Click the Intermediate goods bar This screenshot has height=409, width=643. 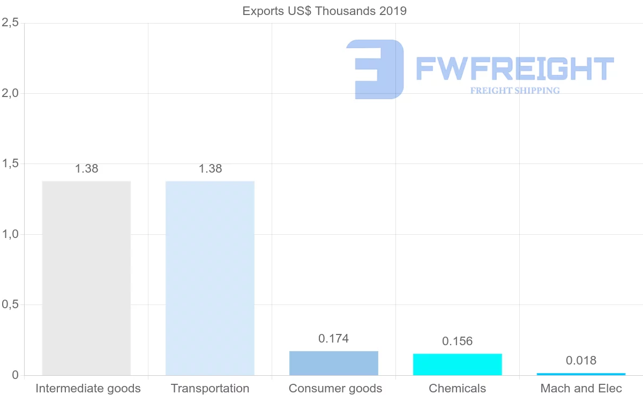pyautogui.click(x=86, y=278)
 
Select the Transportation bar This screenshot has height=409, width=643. pyautogui.click(x=210, y=278)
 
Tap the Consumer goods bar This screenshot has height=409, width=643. pyautogui.click(x=334, y=363)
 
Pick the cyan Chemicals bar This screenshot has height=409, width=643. pyautogui.click(x=458, y=365)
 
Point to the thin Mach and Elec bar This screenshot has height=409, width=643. pyautogui.click(x=581, y=374)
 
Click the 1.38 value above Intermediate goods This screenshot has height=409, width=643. pyautogui.click(x=86, y=168)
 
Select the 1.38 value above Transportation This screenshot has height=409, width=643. pyautogui.click(x=210, y=168)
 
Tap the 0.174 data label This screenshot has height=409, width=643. pyautogui.click(x=334, y=338)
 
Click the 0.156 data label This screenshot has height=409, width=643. pyautogui.click(x=458, y=341)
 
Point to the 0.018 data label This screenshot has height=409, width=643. pyautogui.click(x=581, y=360)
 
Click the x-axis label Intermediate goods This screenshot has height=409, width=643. pyautogui.click(x=88, y=388)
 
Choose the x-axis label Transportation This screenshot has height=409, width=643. pyautogui.click(x=210, y=388)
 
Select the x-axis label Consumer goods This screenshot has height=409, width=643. pyautogui.click(x=335, y=388)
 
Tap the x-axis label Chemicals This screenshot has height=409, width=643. pyautogui.click(x=458, y=388)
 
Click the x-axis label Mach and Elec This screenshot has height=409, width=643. pyautogui.click(x=581, y=388)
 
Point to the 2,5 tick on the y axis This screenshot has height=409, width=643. pyautogui.click(x=10, y=23)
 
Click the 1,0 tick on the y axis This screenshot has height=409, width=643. pyautogui.click(x=10, y=234)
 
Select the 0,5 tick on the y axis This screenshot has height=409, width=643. pyautogui.click(x=10, y=304)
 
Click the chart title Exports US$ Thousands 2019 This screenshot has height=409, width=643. pyautogui.click(x=325, y=11)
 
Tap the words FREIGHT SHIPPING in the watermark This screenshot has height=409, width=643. pyautogui.click(x=515, y=91)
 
